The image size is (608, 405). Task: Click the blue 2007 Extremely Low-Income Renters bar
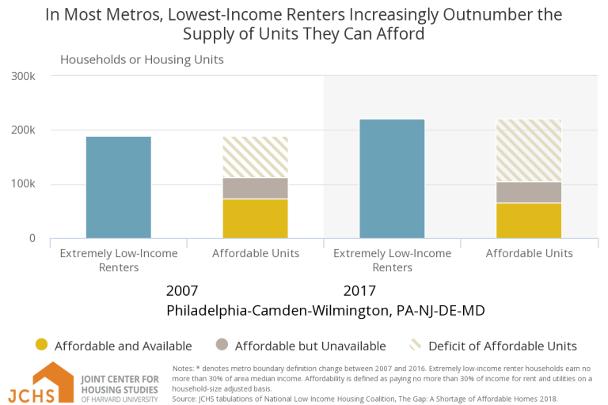click(x=118, y=187)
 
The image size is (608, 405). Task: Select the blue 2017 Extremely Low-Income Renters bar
click(x=392, y=179)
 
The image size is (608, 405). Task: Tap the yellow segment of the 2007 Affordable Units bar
click(x=255, y=218)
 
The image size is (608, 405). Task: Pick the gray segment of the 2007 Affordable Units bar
click(x=255, y=188)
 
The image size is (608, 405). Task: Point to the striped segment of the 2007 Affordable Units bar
click(x=255, y=157)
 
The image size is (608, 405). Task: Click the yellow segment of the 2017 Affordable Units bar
click(x=529, y=221)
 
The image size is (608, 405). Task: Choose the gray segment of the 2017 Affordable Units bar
click(x=529, y=192)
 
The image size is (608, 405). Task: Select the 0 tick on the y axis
click(x=32, y=238)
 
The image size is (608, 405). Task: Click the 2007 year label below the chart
click(x=182, y=290)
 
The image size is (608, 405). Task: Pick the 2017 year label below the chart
click(x=359, y=290)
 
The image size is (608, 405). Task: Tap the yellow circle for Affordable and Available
click(x=42, y=345)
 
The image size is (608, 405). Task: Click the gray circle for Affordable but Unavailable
click(x=221, y=345)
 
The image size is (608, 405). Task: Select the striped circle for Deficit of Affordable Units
click(x=414, y=345)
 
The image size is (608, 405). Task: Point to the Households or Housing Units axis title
click(x=142, y=59)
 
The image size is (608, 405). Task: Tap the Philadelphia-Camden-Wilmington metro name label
click(x=325, y=311)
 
